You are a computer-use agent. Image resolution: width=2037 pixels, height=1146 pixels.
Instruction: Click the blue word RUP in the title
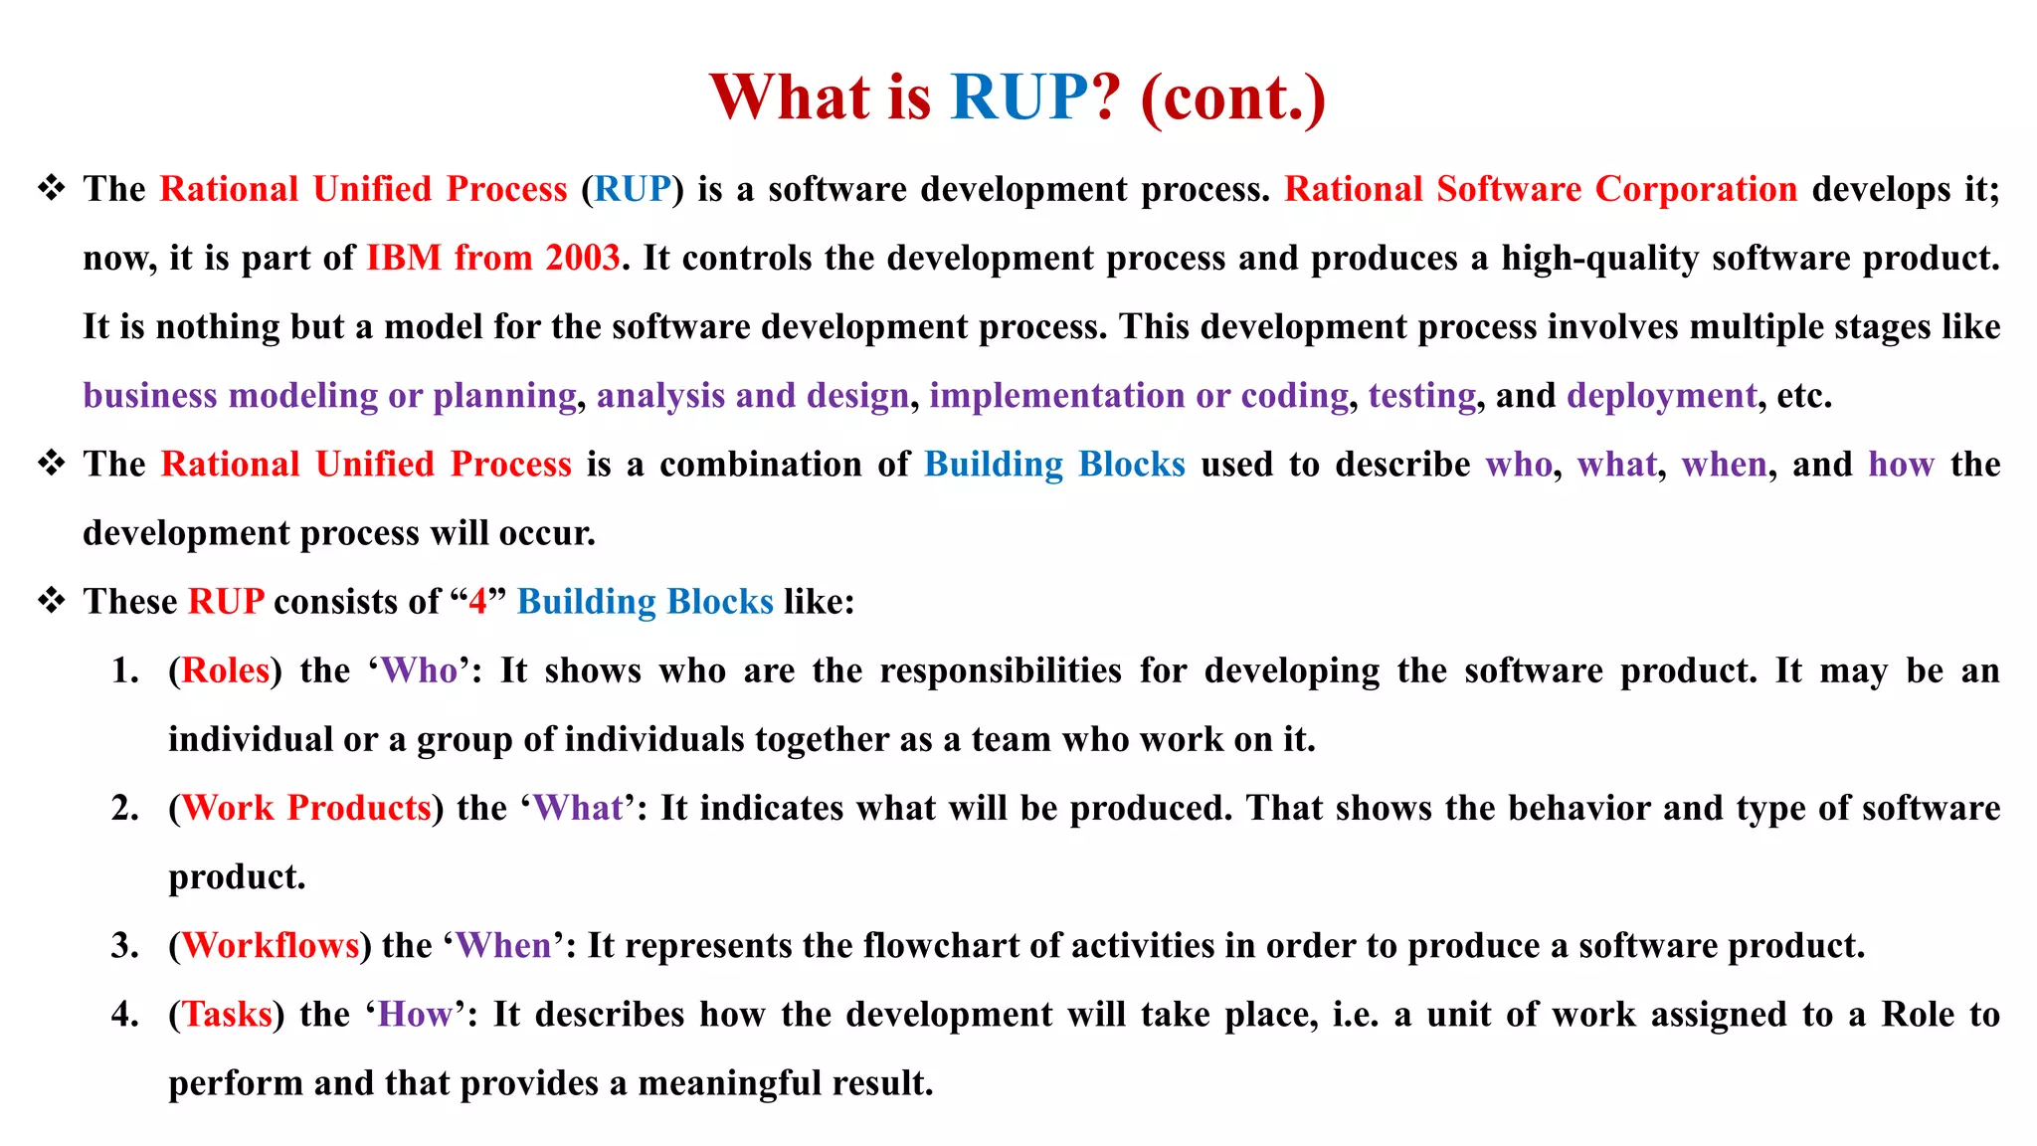pyautogui.click(x=1019, y=97)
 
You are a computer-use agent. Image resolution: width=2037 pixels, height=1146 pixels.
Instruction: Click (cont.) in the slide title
pyautogui.click(x=1232, y=97)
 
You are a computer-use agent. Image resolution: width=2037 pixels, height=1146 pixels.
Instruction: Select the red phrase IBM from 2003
pyautogui.click(x=493, y=259)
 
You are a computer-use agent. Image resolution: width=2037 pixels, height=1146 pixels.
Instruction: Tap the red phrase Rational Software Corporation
pyautogui.click(x=1540, y=189)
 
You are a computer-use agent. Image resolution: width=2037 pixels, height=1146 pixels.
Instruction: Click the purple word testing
pyautogui.click(x=1421, y=396)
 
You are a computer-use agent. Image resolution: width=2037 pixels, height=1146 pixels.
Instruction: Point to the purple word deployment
pyautogui.click(x=1661, y=396)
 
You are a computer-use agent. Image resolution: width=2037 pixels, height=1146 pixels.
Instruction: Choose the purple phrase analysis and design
pyautogui.click(x=752, y=396)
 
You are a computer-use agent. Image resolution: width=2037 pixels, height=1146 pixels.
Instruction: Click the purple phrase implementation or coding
pyautogui.click(x=1139, y=396)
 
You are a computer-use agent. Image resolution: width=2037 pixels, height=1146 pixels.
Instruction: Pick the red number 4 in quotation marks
pyautogui.click(x=478, y=602)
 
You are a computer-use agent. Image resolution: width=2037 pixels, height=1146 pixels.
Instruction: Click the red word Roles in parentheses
pyautogui.click(x=226, y=670)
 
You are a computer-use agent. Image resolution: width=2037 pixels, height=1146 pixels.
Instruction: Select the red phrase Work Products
pyautogui.click(x=306, y=808)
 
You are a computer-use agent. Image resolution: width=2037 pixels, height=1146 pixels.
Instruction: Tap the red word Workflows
pyautogui.click(x=271, y=945)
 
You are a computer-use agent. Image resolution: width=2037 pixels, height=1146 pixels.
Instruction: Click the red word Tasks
pyautogui.click(x=227, y=1015)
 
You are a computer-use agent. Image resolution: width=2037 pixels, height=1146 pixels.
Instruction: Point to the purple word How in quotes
pyautogui.click(x=415, y=1015)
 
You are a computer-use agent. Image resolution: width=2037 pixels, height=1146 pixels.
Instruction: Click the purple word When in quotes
pyautogui.click(x=503, y=945)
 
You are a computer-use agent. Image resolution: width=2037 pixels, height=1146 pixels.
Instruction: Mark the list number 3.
pyautogui.click(x=124, y=946)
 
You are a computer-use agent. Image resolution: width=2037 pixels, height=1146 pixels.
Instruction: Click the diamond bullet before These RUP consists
pyautogui.click(x=51, y=601)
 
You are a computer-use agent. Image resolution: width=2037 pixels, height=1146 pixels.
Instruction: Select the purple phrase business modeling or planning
pyautogui.click(x=329, y=396)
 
